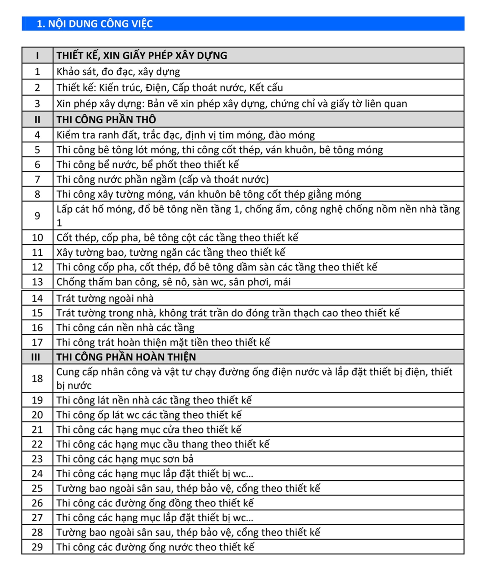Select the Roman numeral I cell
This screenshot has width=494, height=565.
[37, 56]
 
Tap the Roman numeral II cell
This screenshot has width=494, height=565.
[37, 120]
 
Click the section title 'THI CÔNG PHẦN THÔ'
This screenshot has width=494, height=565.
[106, 120]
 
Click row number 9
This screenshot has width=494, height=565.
[37, 216]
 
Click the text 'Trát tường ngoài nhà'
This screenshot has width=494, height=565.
[105, 298]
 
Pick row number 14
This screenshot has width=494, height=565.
[37, 298]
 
